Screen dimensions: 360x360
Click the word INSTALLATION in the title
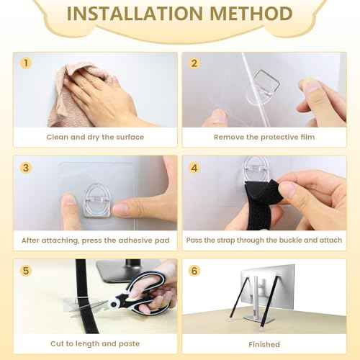coord(135,14)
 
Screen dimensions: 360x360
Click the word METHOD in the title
coord(251,14)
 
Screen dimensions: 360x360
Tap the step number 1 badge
coord(26,63)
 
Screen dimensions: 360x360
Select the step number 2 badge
coord(194,63)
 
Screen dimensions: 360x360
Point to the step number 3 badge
coord(26,168)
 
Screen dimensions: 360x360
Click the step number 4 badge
coord(194,168)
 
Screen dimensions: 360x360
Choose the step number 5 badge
coord(26,271)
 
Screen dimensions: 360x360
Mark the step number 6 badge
coord(194,271)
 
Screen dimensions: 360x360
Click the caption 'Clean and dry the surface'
coord(95,137)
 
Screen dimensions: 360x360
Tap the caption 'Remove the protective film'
coord(264,137)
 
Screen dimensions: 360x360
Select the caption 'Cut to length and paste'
coord(95,343)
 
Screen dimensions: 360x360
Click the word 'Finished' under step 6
coord(264,344)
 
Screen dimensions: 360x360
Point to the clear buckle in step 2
coord(266,81)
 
